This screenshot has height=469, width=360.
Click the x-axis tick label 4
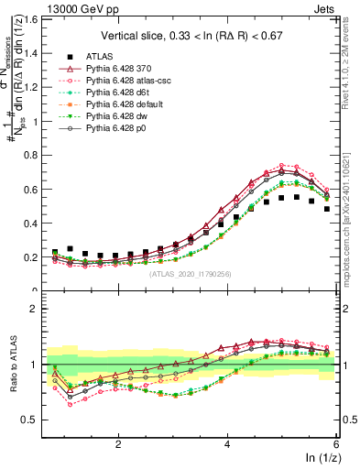(227, 444)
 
